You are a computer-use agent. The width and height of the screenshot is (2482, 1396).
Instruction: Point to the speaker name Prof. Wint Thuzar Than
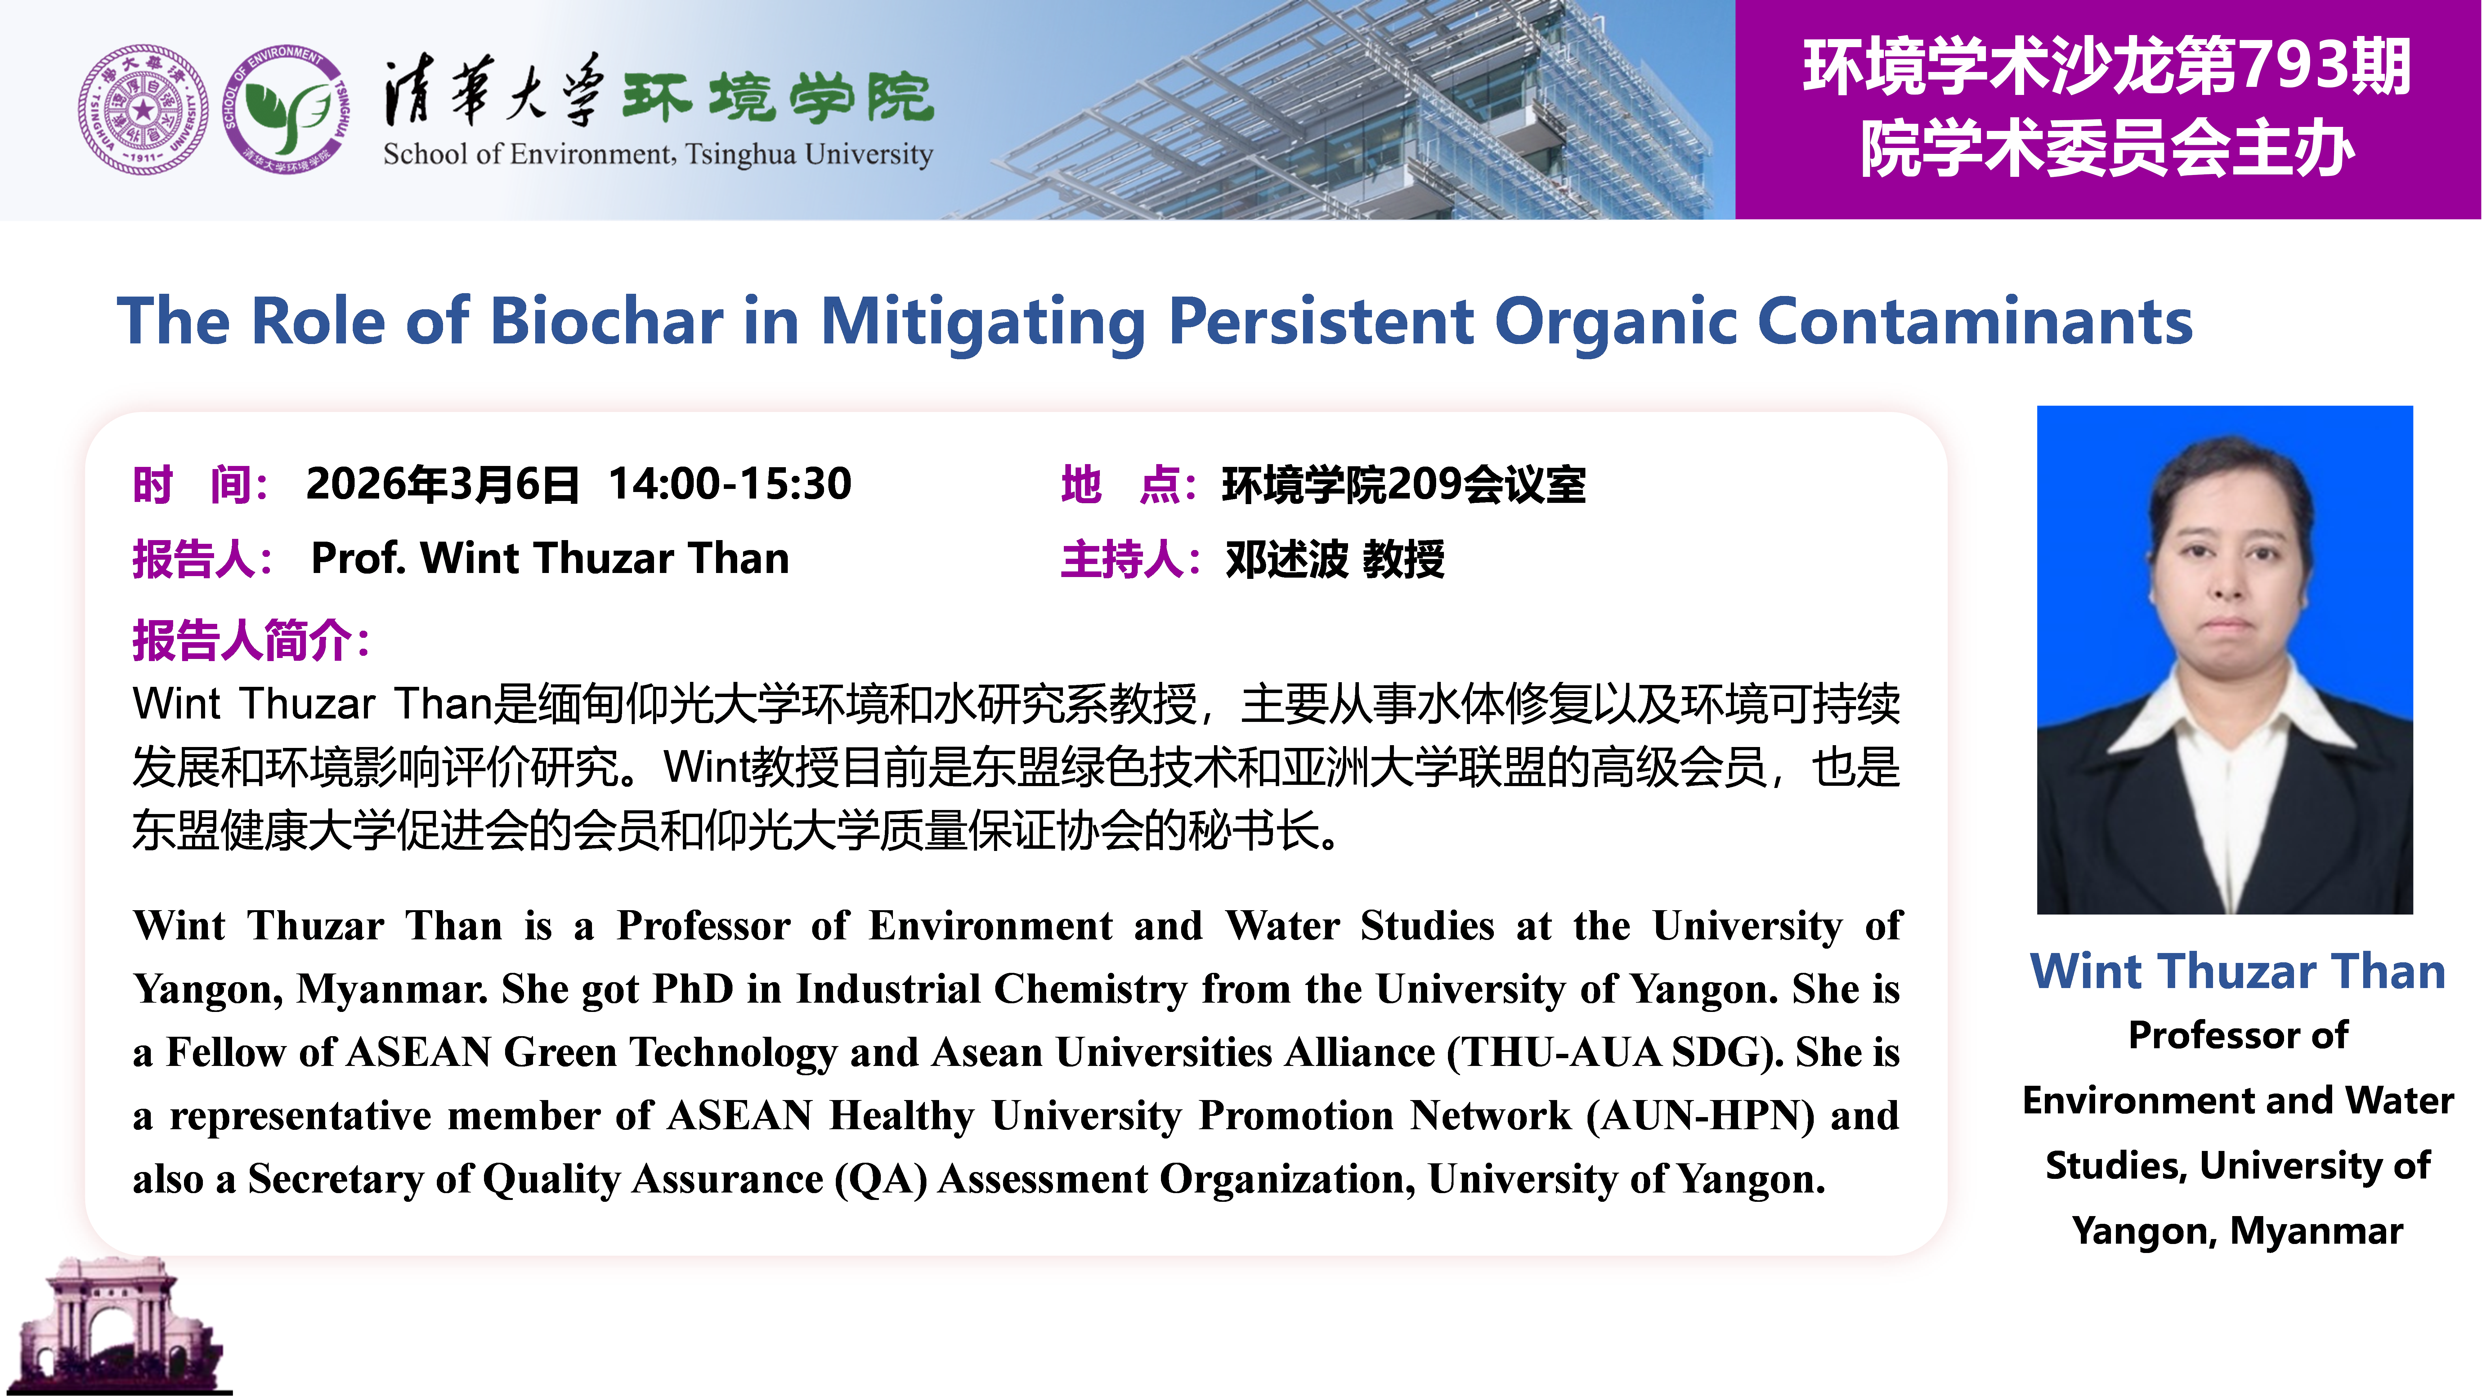(x=550, y=559)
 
